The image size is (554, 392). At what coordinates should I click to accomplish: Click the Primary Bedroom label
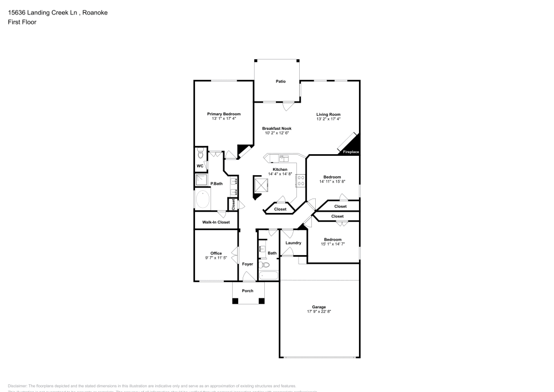click(x=224, y=114)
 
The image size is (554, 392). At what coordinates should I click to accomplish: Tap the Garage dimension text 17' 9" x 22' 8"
click(x=319, y=312)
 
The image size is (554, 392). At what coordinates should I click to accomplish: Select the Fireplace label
click(x=351, y=152)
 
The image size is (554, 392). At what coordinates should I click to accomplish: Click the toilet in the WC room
click(x=201, y=154)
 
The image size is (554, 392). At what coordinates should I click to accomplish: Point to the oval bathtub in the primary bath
click(x=203, y=199)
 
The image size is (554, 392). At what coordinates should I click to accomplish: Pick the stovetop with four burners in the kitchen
click(x=301, y=180)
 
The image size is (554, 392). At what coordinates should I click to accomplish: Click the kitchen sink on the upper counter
click(x=281, y=157)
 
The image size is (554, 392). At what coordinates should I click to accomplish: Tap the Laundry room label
click(x=293, y=243)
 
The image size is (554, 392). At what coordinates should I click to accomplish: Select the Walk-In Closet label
click(x=216, y=222)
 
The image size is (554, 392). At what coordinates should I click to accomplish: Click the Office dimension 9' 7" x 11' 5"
click(x=216, y=258)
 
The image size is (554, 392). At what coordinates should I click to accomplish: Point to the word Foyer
click(x=248, y=264)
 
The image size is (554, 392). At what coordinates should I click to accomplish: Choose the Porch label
click(x=248, y=291)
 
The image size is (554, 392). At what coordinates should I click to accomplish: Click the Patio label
click(x=281, y=82)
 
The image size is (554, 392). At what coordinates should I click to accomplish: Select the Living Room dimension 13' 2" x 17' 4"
click(x=328, y=119)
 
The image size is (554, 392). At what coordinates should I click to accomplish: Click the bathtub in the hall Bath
click(x=269, y=275)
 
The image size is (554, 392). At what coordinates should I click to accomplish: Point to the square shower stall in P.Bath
click(x=201, y=180)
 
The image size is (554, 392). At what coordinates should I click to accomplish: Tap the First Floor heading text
click(x=22, y=22)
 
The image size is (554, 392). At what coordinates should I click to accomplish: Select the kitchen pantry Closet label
click(x=280, y=210)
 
